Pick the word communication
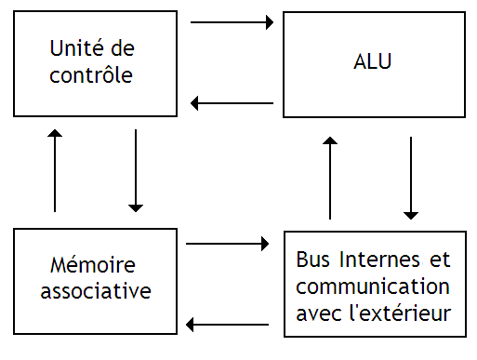click(372, 286)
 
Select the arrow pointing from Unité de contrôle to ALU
click(232, 22)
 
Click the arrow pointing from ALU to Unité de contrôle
click(232, 103)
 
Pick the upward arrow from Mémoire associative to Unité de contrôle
click(55, 171)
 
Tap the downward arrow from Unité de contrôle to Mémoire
click(136, 170)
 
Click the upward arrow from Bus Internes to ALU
click(330, 177)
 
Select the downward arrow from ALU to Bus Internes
click(410, 178)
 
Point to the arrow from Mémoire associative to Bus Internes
click(228, 244)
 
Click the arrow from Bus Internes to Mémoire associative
click(228, 325)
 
